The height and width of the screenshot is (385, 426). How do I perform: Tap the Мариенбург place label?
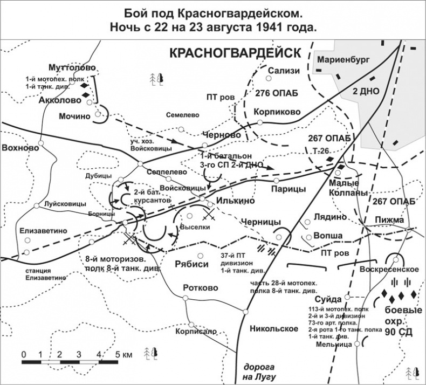pyautogui.click(x=343, y=60)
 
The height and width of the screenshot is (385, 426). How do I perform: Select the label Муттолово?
pyautogui.click(x=72, y=67)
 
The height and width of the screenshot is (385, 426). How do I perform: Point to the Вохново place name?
pyautogui.click(x=20, y=147)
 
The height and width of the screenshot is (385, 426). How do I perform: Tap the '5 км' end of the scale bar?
pyautogui.click(x=122, y=355)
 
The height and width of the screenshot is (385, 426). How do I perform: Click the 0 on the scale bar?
pyautogui.click(x=24, y=355)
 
